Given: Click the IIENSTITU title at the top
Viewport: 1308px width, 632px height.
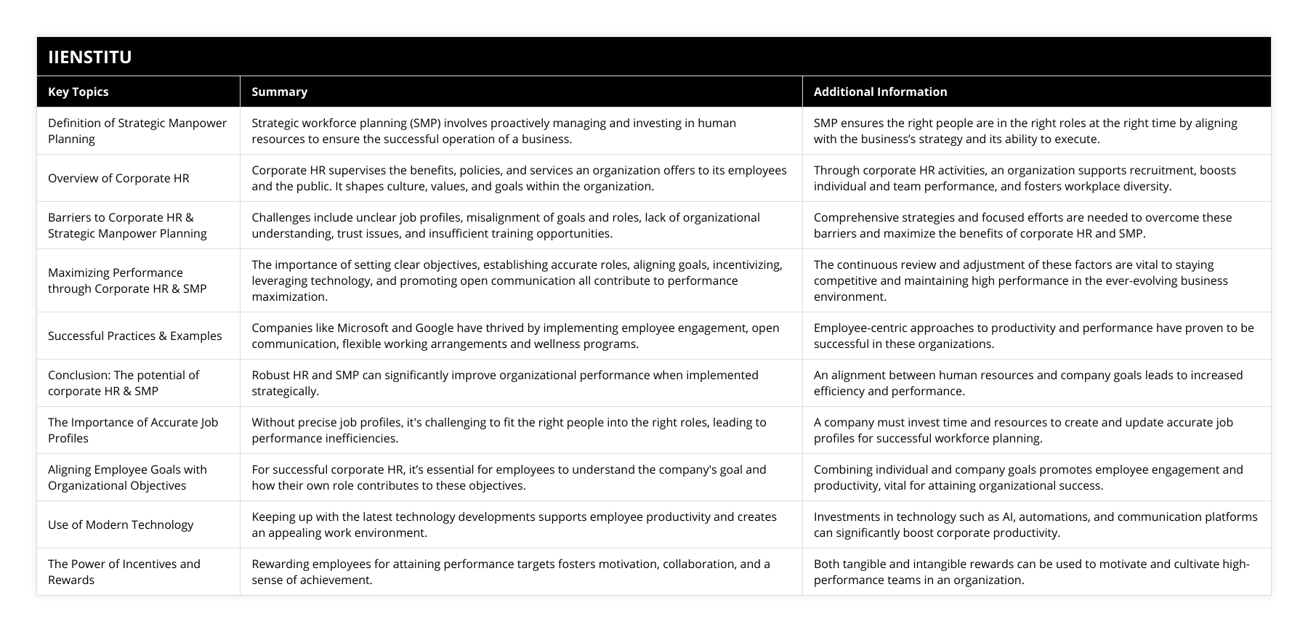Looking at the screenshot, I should (89, 57).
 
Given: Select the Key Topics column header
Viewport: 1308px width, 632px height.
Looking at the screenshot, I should (78, 92).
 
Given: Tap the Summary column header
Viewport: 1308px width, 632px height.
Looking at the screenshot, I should (279, 92).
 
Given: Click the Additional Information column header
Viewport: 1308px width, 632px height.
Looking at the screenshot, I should (880, 92).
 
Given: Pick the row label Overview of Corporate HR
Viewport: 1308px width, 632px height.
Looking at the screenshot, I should (118, 178).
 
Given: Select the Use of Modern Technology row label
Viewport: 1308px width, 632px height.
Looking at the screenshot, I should (121, 524).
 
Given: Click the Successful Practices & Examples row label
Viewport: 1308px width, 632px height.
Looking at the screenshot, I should (134, 336).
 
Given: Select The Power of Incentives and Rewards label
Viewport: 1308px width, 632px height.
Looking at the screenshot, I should (124, 572).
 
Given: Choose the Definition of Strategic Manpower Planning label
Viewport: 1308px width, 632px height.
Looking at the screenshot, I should (137, 131).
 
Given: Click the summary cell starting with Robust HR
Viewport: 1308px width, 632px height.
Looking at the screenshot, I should (504, 383).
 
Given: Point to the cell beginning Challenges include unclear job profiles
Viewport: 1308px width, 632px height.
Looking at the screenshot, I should (505, 225).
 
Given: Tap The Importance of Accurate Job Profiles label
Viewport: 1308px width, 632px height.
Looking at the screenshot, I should (132, 430).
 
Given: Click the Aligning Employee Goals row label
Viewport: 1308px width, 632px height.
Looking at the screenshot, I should (127, 477).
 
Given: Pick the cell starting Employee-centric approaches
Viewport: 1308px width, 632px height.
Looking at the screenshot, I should (1033, 336).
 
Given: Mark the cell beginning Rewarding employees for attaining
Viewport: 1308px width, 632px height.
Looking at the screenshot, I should (510, 572).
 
